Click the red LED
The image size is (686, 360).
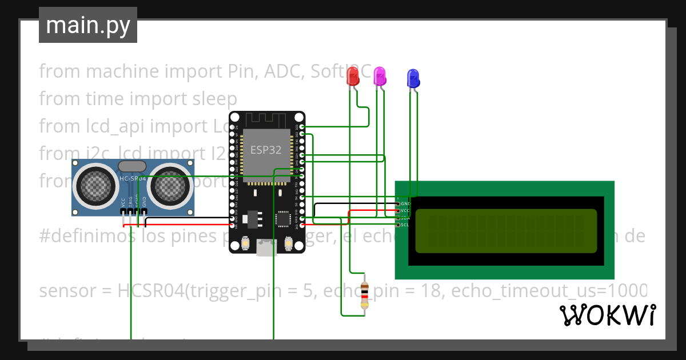[x=353, y=75]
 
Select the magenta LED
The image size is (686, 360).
[x=379, y=75]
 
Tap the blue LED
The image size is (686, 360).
[x=413, y=78]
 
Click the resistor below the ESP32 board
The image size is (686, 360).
[x=365, y=297]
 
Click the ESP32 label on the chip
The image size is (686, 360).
[x=265, y=150]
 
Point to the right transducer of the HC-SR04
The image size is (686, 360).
[x=171, y=183]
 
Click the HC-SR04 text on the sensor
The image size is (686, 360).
[x=132, y=179]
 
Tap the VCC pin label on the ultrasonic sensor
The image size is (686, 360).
[x=123, y=202]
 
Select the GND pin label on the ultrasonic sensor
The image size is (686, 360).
[x=144, y=202]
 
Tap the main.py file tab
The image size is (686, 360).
[x=87, y=25]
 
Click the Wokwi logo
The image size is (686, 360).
[x=607, y=315]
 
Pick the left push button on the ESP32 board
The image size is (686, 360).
[x=245, y=243]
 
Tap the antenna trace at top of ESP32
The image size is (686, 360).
[x=266, y=121]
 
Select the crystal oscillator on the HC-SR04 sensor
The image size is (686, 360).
[x=132, y=166]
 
